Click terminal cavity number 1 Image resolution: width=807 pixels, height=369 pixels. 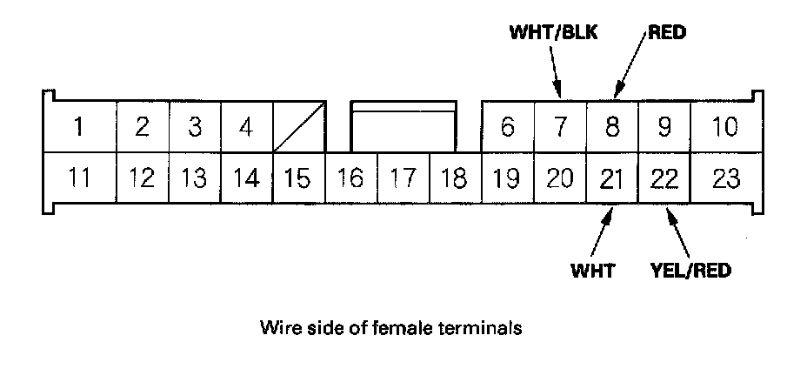click(x=78, y=127)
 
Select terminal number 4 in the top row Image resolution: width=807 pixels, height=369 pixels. click(x=246, y=127)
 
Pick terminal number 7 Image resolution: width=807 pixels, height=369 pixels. click(x=560, y=127)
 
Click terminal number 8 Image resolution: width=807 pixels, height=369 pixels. click(x=612, y=127)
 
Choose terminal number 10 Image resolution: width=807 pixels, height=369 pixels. click(x=724, y=127)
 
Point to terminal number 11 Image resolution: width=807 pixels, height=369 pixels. click(x=78, y=179)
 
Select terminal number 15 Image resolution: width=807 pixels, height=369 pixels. click(x=297, y=179)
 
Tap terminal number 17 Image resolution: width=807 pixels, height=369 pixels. click(x=403, y=179)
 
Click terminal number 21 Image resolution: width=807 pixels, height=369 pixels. click(x=612, y=179)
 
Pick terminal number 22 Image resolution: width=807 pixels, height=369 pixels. click(x=664, y=179)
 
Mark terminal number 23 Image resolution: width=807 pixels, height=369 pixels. click(x=724, y=179)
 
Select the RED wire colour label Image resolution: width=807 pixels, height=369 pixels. click(x=667, y=34)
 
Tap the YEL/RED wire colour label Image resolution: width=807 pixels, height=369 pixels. click(x=690, y=270)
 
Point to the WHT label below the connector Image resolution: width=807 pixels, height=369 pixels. click(x=593, y=270)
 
